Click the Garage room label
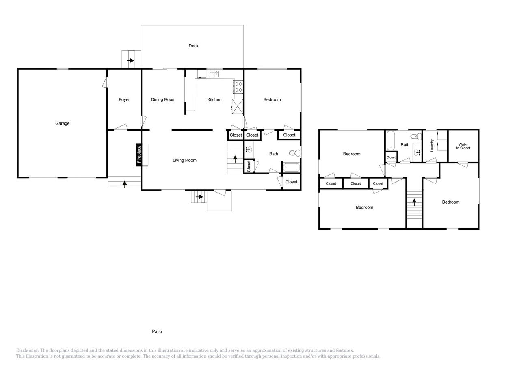62,123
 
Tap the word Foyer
124,99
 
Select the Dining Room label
163,99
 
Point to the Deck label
193,46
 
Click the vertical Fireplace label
139,155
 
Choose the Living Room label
184,160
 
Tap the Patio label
157,331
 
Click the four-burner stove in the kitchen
238,87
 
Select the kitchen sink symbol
214,74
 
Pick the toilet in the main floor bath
294,153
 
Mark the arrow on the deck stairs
130,61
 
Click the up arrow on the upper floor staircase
414,202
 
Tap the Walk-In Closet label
463,146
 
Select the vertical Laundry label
432,145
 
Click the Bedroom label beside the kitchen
272,99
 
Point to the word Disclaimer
27,350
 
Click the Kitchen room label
214,99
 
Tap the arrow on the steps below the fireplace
124,184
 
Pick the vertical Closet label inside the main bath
249,166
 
